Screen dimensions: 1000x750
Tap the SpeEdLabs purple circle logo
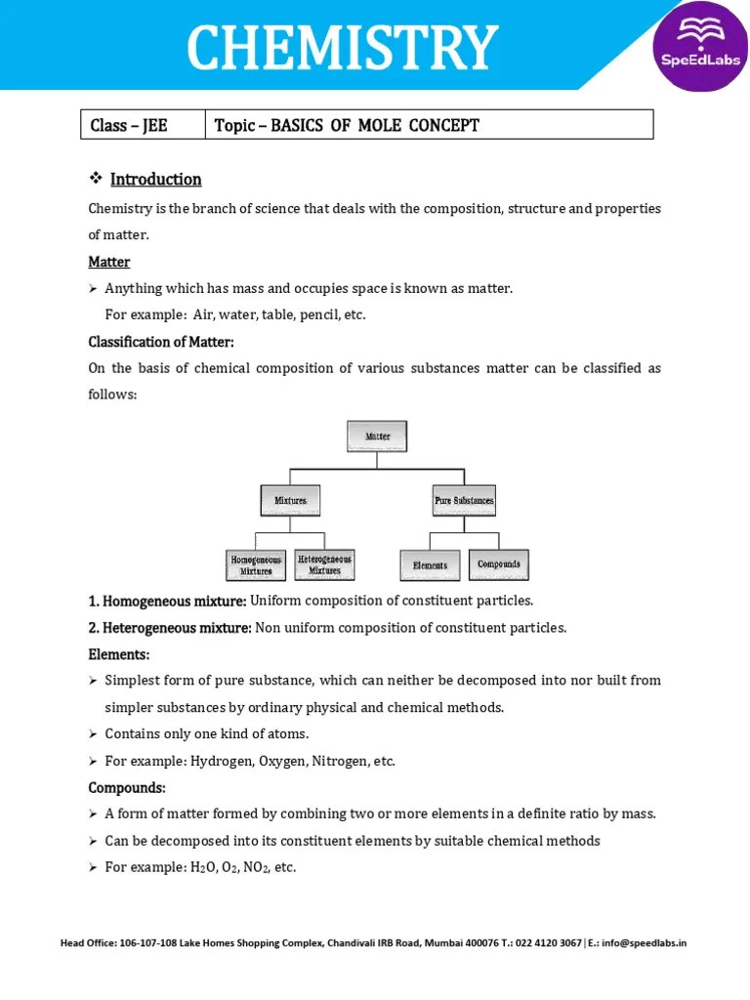click(701, 47)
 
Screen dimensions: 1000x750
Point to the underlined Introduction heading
click(155, 180)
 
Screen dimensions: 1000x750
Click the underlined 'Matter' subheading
click(109, 263)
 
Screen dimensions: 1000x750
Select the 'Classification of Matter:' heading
click(161, 342)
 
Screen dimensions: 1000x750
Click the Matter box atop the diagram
click(377, 437)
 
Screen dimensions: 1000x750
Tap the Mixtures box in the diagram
click(290, 500)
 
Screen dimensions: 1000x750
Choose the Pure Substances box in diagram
click(464, 500)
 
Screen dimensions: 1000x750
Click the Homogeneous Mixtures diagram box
click(256, 564)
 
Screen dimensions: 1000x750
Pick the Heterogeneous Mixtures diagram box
click(324, 563)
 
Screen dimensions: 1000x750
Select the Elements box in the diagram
click(430, 564)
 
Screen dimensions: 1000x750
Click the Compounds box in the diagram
click(499, 563)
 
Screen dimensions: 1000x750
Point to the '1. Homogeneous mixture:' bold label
click(167, 601)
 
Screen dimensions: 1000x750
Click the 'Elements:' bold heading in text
click(119, 654)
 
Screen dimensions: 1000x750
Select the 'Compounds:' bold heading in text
click(127, 787)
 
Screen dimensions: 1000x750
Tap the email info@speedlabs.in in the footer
click(645, 943)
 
